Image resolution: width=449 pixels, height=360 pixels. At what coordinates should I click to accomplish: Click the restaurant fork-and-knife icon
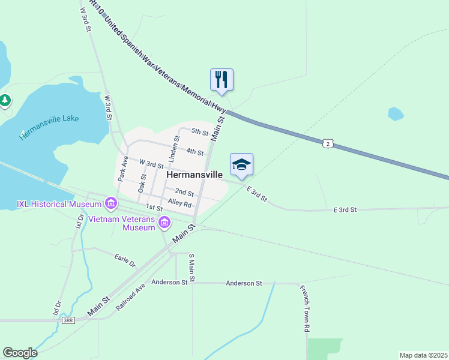[221, 79]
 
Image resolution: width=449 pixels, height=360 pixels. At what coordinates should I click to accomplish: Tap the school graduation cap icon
[241, 164]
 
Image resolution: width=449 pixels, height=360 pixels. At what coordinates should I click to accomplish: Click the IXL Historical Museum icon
[110, 204]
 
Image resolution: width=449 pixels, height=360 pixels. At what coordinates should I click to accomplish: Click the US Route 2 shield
[327, 143]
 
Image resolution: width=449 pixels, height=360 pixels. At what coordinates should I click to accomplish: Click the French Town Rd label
[306, 309]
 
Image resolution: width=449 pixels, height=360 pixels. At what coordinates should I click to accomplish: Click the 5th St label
[200, 131]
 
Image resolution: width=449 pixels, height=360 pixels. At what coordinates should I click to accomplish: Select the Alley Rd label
[179, 203]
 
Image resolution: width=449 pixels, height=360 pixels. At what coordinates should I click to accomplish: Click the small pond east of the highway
[396, 113]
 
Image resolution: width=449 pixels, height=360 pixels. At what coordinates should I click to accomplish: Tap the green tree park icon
[5, 100]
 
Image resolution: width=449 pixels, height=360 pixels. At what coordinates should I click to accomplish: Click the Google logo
[20, 353]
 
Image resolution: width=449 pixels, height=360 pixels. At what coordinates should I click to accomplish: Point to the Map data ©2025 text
[423, 355]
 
